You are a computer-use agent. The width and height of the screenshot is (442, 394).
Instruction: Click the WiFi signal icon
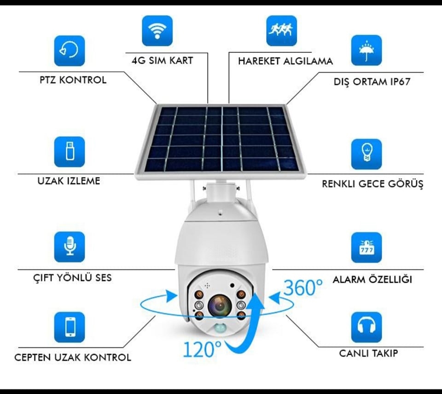tap(157, 31)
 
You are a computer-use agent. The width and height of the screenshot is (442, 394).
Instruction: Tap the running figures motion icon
tap(281, 30)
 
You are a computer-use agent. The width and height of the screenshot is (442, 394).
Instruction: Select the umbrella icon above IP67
tap(366, 50)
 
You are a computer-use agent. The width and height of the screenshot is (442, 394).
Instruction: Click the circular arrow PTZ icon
tap(70, 51)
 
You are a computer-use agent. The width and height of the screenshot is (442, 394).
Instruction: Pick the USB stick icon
tap(70, 152)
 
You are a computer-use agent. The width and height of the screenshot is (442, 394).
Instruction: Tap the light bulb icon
tap(366, 154)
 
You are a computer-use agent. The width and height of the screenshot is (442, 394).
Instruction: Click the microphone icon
tap(70, 247)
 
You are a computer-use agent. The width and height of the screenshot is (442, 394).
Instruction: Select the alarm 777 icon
tap(366, 247)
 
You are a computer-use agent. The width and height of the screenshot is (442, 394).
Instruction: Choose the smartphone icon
tap(70, 327)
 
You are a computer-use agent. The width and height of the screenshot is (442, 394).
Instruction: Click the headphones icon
tap(366, 327)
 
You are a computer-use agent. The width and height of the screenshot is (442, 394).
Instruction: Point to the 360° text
tap(303, 288)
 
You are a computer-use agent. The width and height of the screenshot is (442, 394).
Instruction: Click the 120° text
tap(203, 349)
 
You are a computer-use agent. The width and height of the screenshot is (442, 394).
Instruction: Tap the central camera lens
tap(220, 305)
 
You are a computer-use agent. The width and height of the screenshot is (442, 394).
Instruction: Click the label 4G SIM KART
tap(163, 60)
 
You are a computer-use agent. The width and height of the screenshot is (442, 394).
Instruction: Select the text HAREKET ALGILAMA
tap(285, 61)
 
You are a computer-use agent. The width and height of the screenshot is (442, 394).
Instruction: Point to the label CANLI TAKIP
tap(368, 353)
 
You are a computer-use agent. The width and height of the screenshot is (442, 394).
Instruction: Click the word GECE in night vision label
tap(368, 184)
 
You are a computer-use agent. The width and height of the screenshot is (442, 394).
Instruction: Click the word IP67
tap(400, 82)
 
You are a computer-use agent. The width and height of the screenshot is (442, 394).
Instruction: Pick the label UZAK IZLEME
tap(69, 181)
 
